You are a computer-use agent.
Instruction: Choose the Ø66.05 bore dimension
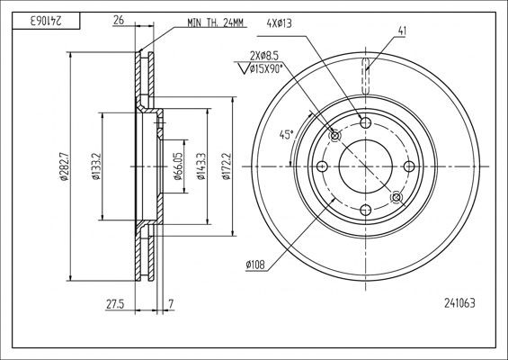[179, 166]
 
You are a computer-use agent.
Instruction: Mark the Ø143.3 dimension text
[204, 166]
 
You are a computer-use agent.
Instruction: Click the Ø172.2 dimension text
[230, 166]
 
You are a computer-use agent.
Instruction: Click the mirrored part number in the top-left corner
[31, 18]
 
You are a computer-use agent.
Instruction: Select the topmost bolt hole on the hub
[365, 122]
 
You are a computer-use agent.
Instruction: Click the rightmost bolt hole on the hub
[409, 166]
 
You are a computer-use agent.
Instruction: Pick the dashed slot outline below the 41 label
[366, 76]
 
